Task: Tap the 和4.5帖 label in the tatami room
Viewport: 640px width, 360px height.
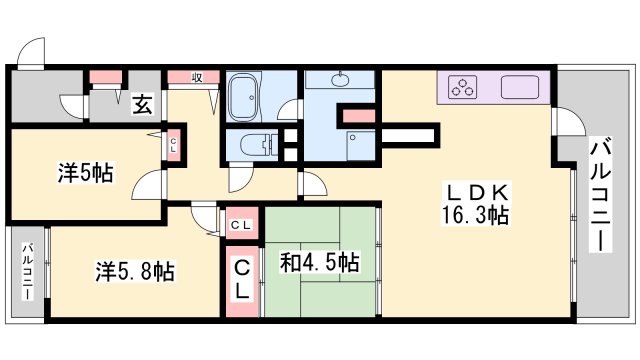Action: [x=320, y=263]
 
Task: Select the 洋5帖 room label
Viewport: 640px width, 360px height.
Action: [x=84, y=172]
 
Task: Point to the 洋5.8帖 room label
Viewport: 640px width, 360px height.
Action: [x=135, y=270]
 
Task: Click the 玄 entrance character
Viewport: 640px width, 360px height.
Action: [x=143, y=102]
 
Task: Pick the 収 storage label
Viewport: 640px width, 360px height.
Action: [x=197, y=77]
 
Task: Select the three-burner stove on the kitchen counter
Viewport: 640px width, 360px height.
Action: [x=465, y=87]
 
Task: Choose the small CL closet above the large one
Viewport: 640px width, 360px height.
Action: [x=242, y=224]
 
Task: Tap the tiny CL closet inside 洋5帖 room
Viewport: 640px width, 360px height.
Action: [x=172, y=145]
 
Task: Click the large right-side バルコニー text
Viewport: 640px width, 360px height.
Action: [x=603, y=195]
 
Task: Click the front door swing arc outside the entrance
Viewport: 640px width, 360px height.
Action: [x=33, y=51]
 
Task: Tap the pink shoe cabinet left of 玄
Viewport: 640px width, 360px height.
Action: [x=103, y=77]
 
